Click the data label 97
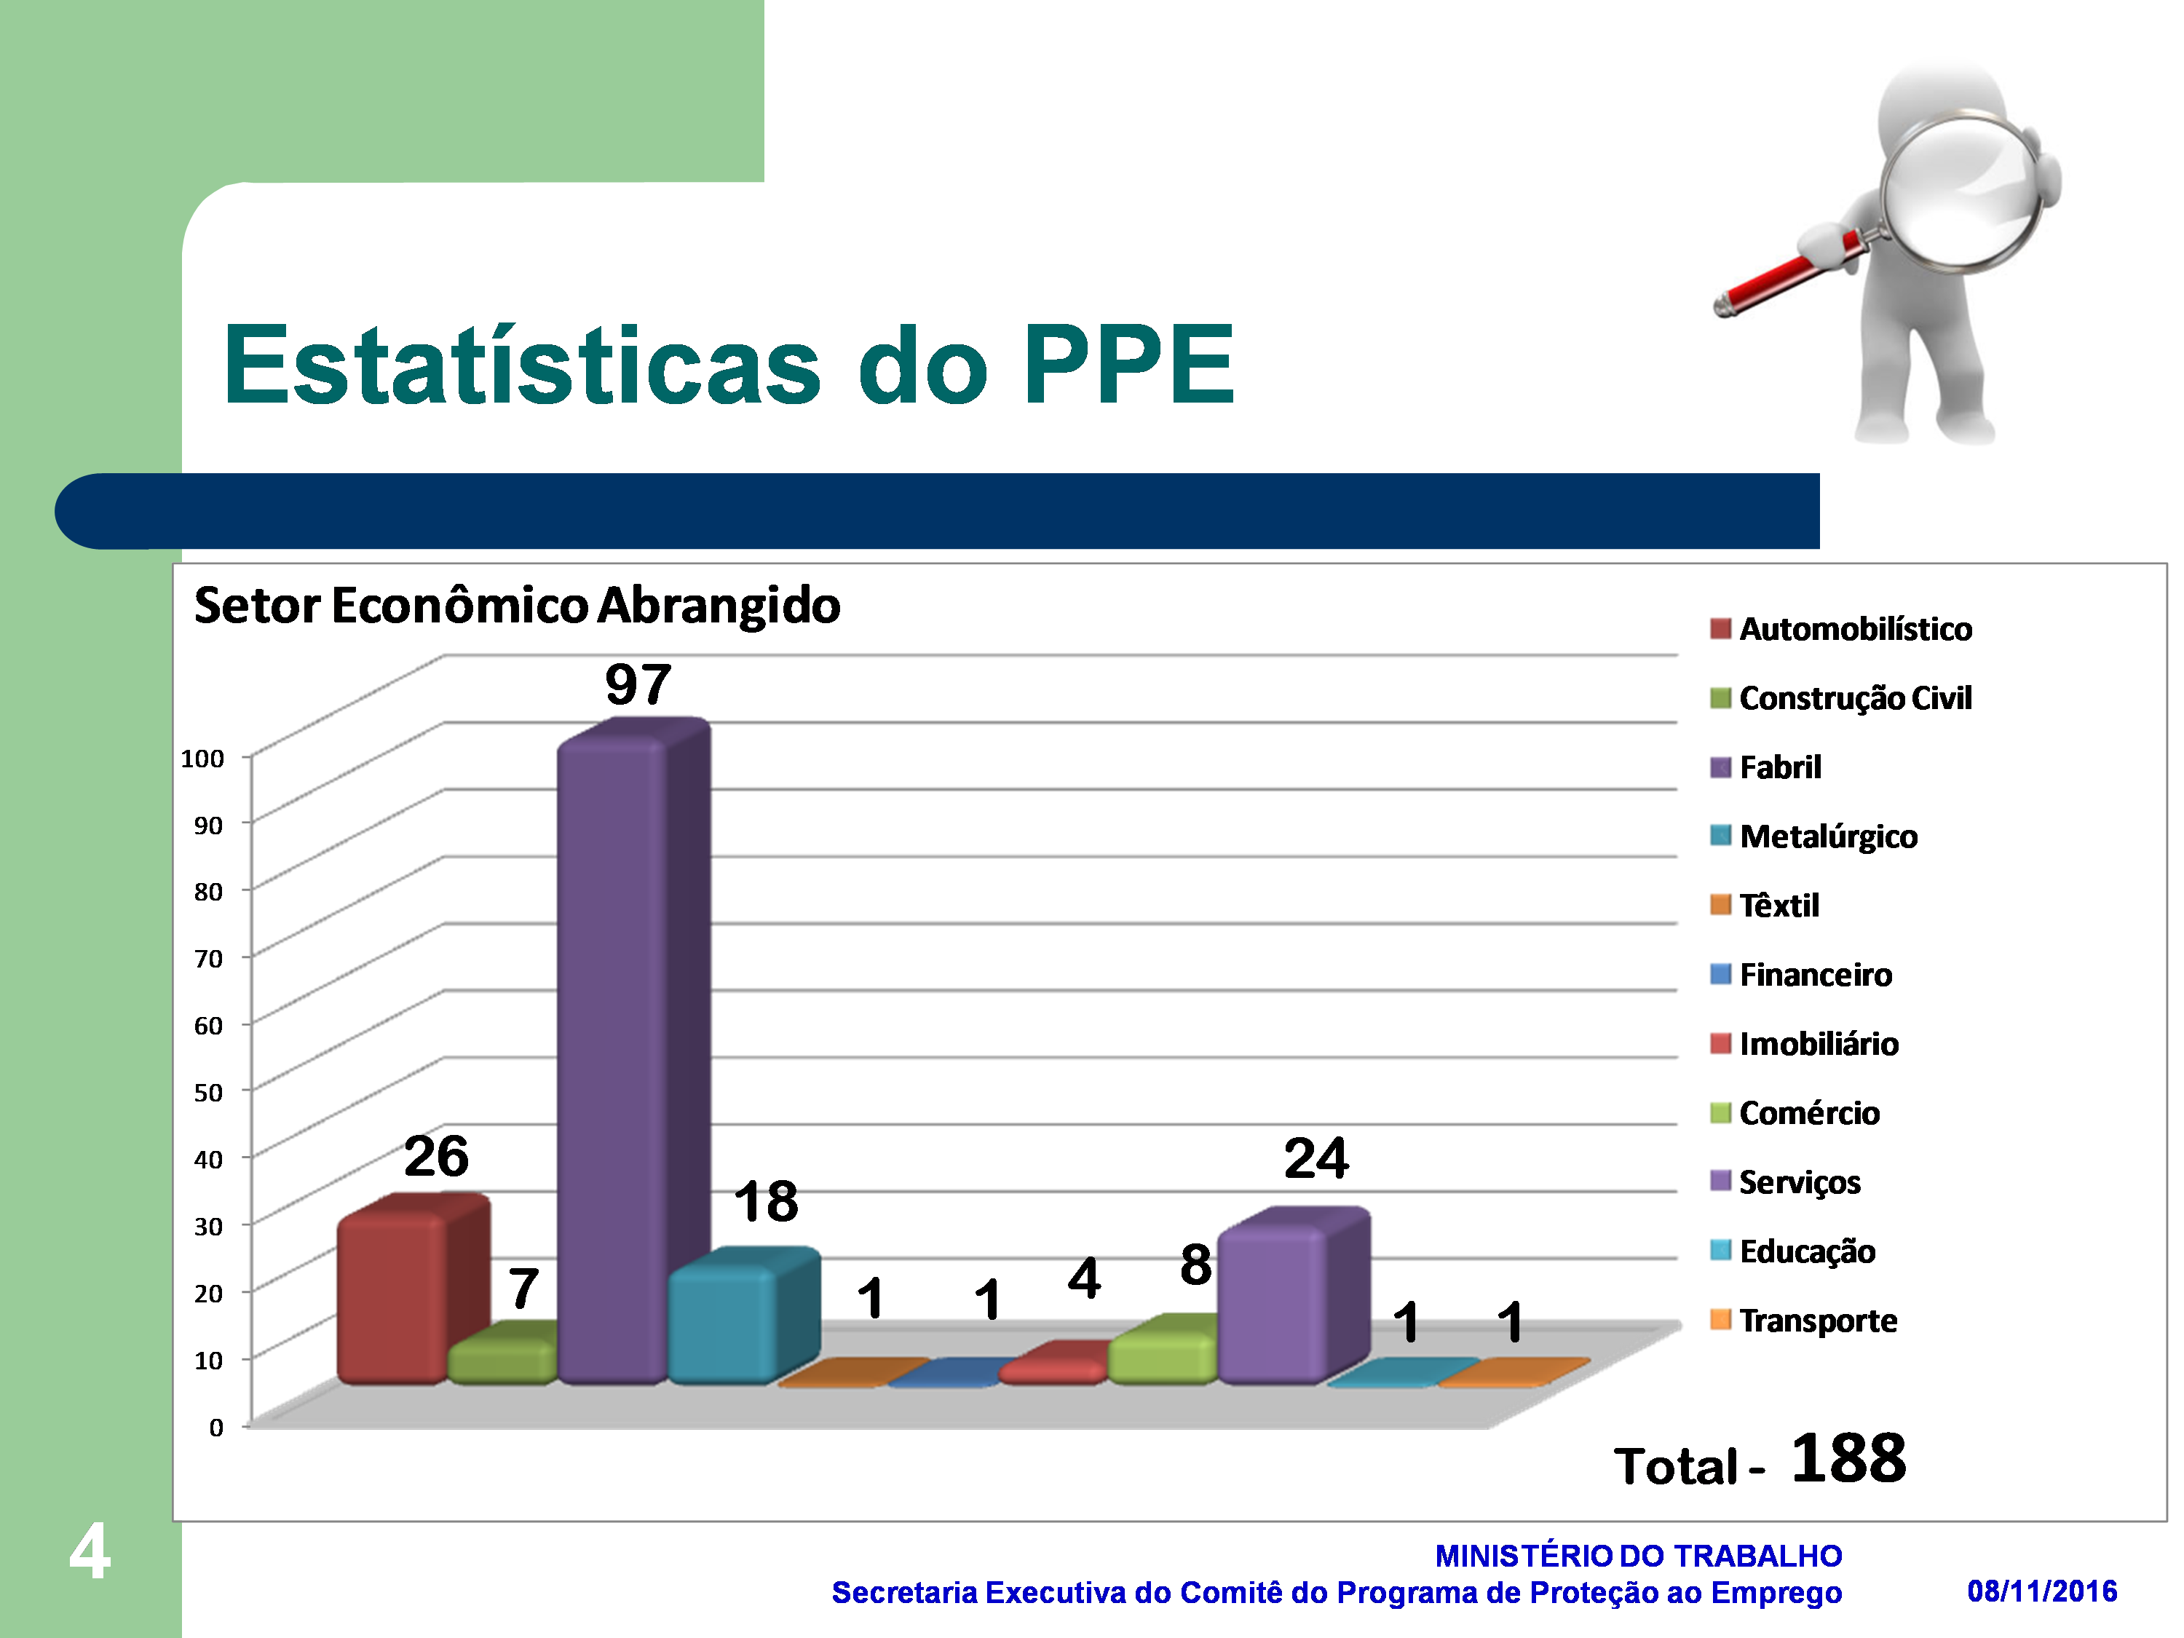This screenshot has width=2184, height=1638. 638,684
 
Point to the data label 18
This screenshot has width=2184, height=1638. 765,1202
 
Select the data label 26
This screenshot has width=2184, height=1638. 436,1156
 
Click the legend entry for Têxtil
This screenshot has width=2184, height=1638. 1765,906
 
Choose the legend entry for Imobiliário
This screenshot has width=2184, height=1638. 1804,1044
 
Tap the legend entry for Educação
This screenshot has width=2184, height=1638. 1792,1251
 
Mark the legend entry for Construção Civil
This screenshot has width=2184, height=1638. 1840,698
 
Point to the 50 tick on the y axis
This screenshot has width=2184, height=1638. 208,1092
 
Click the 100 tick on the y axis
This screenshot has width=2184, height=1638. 202,759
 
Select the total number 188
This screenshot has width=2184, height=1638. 1848,1458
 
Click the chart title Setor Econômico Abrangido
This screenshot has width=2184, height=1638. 516,605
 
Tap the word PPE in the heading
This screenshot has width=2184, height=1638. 1128,365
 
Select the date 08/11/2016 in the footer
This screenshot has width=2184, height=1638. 2042,1591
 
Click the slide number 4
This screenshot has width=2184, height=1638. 90,1551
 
